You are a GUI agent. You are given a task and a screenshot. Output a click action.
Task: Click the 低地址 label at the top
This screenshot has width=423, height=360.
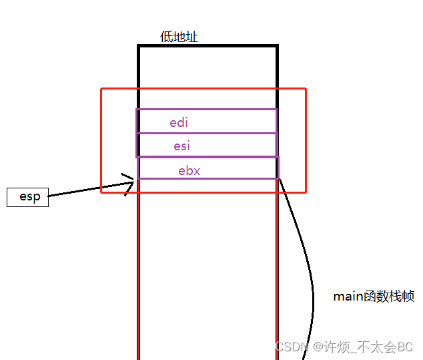[x=179, y=37]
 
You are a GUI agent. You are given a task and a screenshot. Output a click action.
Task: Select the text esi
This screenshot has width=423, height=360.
[x=182, y=146]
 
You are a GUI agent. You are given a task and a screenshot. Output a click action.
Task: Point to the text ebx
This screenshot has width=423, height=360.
[x=189, y=170]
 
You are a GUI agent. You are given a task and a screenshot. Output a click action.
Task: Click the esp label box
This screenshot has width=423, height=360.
[x=28, y=197]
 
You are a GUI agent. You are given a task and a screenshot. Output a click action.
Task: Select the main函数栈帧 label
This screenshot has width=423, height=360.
[x=374, y=297]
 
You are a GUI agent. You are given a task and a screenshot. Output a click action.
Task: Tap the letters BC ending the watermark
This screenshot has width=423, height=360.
[x=406, y=347]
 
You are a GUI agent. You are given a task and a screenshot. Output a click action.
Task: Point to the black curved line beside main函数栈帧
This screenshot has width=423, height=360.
[x=311, y=281]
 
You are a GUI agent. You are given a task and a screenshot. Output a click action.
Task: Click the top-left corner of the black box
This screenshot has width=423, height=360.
[x=139, y=46]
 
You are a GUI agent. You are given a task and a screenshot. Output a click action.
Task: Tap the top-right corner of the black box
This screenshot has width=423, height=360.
[x=277, y=46]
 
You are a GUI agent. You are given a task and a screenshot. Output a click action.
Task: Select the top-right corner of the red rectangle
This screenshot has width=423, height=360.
[x=306, y=89]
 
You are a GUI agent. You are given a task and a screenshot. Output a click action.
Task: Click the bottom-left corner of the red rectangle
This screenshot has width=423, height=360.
[x=101, y=192]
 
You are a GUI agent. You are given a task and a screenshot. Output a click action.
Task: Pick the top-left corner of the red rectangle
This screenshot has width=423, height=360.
[x=101, y=89]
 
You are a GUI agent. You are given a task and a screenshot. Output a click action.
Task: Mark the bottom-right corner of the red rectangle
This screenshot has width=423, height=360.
[x=306, y=192]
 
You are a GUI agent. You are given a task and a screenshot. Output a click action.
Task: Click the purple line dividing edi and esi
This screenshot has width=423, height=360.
[x=207, y=133]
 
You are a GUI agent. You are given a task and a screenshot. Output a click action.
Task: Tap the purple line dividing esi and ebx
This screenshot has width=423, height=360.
[x=207, y=156]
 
